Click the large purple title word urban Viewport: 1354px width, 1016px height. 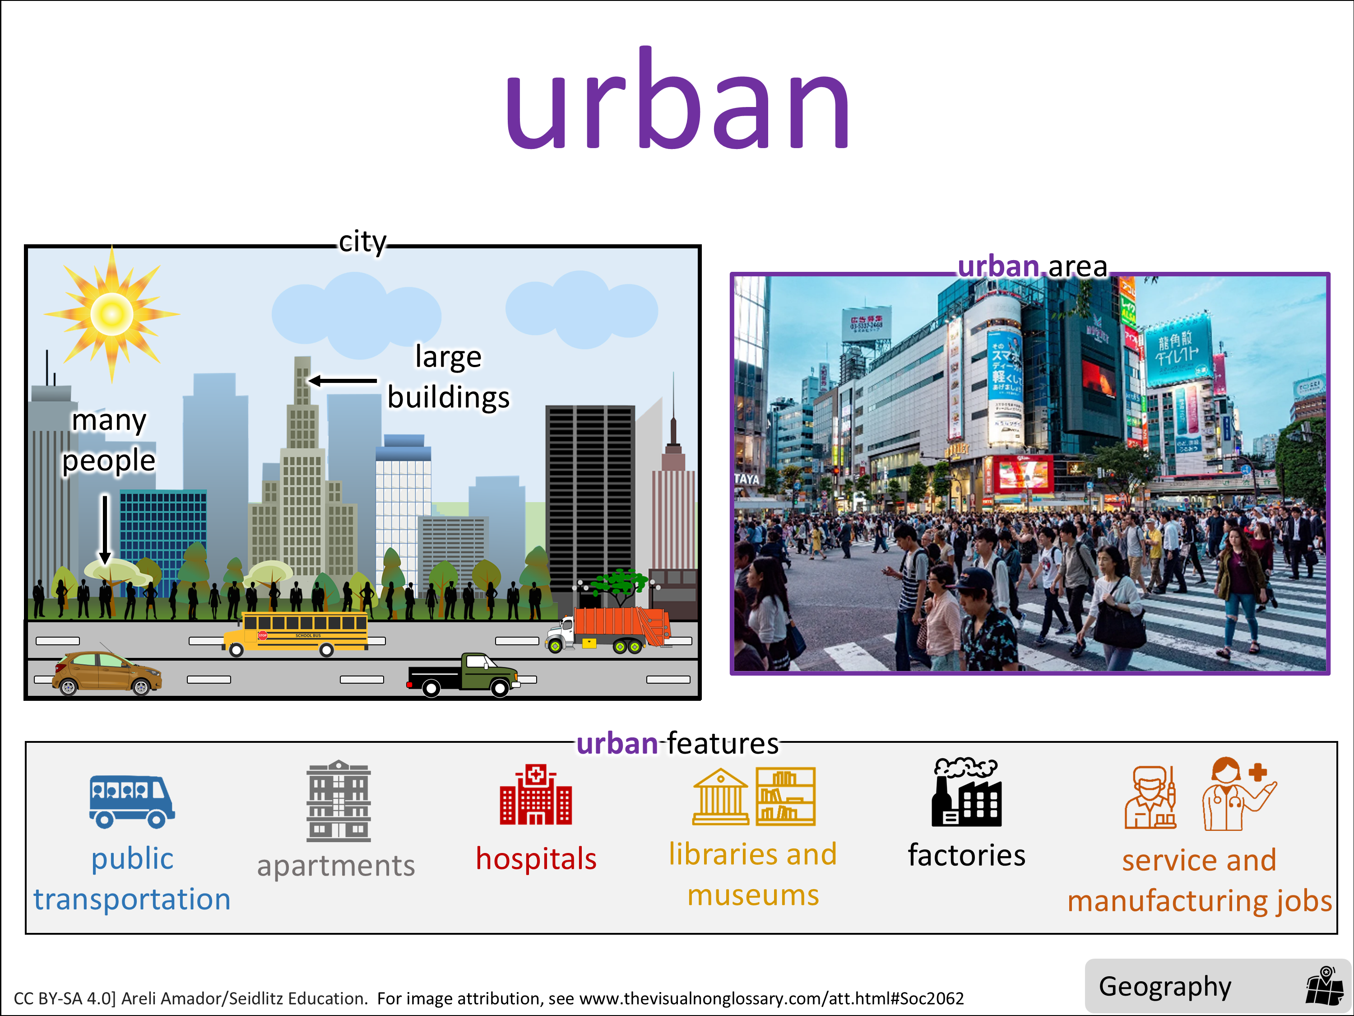(x=677, y=98)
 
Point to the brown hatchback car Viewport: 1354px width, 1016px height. (x=107, y=673)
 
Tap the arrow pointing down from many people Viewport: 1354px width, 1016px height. (x=105, y=530)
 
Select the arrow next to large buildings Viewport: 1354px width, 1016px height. (x=343, y=381)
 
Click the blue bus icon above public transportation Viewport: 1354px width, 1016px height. (x=132, y=802)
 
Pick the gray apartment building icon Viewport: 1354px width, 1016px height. (x=338, y=801)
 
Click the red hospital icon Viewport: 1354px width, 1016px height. (x=536, y=794)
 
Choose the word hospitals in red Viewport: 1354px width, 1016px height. (x=536, y=858)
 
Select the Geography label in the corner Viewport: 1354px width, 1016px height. (x=1165, y=987)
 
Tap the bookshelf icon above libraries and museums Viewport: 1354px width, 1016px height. (x=785, y=796)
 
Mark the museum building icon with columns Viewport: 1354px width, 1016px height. (x=720, y=796)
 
